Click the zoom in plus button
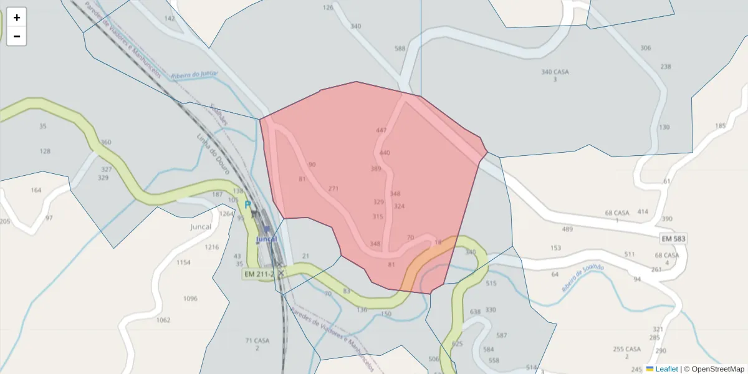(x=17, y=17)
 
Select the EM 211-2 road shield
(x=259, y=274)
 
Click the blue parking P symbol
(x=247, y=204)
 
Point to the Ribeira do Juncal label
(x=193, y=74)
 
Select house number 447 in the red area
(x=381, y=130)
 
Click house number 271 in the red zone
(x=333, y=188)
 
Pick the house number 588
(x=400, y=49)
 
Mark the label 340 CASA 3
(x=555, y=75)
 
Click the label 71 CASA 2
(x=257, y=344)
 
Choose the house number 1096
(x=190, y=299)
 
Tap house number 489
(x=567, y=229)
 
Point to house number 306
(x=646, y=48)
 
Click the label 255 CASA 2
(x=627, y=352)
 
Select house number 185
(x=721, y=126)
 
